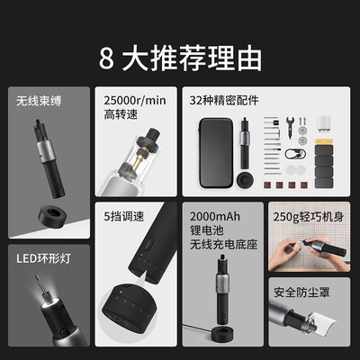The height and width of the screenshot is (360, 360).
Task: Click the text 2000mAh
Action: (213, 217)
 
